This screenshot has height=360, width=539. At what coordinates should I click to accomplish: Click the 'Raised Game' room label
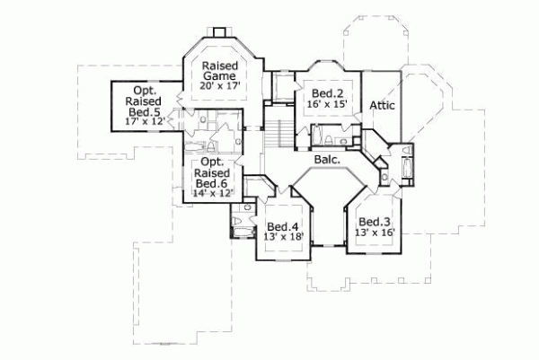(219, 72)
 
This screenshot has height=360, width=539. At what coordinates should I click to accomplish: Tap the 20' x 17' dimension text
(219, 87)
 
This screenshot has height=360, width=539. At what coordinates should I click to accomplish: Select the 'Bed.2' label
(324, 93)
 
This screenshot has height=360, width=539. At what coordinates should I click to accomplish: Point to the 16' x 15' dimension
(324, 105)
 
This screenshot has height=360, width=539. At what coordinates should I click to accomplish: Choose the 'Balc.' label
(326, 160)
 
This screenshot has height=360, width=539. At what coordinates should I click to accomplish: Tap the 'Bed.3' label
(373, 222)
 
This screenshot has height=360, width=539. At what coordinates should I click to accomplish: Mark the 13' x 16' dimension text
(373, 233)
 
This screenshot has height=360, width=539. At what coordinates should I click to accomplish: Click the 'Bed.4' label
(283, 226)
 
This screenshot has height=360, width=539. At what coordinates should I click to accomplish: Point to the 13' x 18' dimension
(283, 238)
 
